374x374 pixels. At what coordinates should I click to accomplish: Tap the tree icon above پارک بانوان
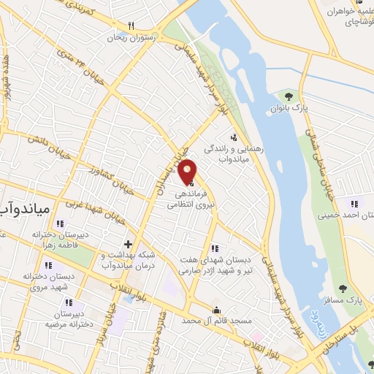pyautogui.click(x=289, y=96)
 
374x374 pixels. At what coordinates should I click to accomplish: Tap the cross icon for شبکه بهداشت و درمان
pyautogui.click(x=128, y=244)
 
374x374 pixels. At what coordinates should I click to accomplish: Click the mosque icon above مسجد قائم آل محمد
pyautogui.click(x=215, y=309)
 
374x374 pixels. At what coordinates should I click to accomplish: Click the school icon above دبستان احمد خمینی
pyautogui.click(x=355, y=203)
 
